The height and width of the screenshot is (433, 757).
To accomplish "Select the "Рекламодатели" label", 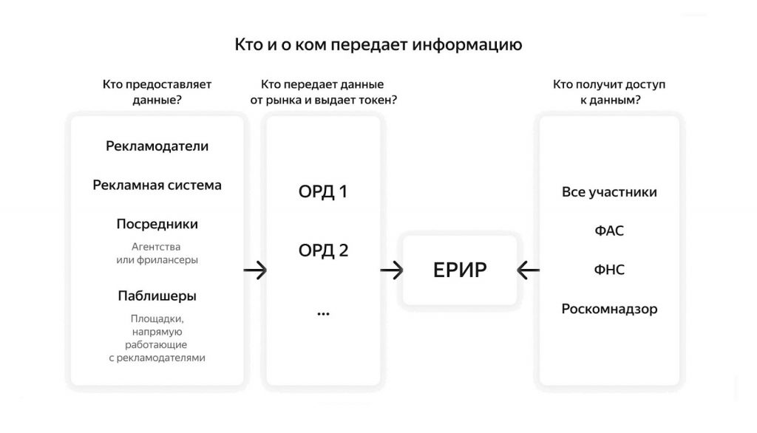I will [157, 146].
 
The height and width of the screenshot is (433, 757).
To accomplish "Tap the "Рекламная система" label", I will [157, 185].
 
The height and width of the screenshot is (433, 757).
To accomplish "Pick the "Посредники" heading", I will [157, 224].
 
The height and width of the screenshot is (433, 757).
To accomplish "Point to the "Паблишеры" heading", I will [157, 296].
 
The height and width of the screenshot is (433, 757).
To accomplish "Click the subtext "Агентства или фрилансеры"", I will [157, 253].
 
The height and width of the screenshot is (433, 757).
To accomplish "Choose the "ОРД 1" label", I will [323, 193].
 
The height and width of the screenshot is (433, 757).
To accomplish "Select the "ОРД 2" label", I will [323, 250].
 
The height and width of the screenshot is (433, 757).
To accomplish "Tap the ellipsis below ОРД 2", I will [323, 313].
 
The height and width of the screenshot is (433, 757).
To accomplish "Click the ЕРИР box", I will [460, 270].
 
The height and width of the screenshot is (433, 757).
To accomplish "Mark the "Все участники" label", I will [609, 193].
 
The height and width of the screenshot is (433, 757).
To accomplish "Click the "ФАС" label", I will [609, 231].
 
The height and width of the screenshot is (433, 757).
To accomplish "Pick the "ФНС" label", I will [609, 270].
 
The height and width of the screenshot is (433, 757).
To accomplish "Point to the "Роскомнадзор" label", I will [609, 309].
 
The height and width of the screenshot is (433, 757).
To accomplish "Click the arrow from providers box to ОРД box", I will [255, 271].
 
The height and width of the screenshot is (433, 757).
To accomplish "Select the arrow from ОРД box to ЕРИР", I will [392, 271].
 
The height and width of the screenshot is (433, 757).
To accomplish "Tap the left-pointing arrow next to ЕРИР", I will [528, 271].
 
